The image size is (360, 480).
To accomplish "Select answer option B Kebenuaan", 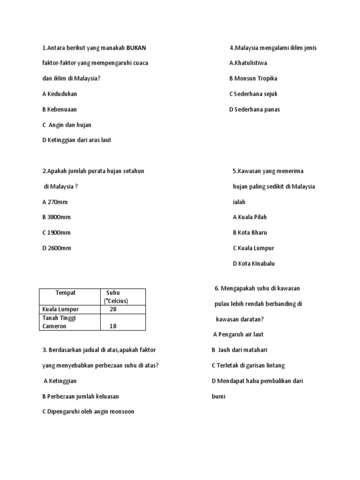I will (59, 109).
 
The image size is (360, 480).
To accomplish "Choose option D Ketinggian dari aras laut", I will (76, 140).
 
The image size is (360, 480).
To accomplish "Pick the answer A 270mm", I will (55, 202).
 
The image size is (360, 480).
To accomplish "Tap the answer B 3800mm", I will (56, 217).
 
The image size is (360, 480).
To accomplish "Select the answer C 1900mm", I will (56, 233).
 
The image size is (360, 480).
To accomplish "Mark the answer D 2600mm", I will (56, 248).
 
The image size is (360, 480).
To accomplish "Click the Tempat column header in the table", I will (66, 293).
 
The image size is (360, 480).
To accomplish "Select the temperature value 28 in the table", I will (113, 309).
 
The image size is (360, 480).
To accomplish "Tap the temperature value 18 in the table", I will (113, 326).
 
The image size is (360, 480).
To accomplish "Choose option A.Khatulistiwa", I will (248, 63).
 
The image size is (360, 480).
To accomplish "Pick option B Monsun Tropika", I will (253, 79).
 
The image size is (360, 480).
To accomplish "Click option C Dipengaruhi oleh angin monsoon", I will (88, 412).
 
